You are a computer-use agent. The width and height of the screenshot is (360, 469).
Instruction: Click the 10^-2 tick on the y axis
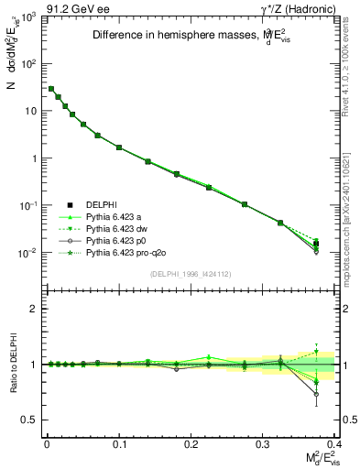point(27,253)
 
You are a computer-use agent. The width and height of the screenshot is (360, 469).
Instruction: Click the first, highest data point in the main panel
point(51,89)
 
